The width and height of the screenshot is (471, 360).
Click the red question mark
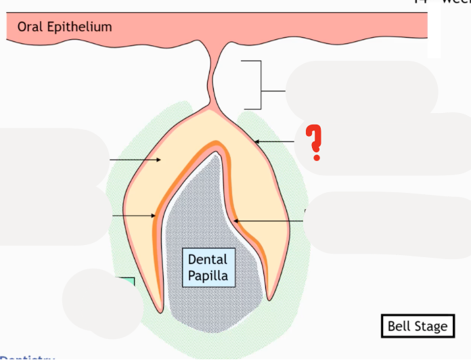[x=313, y=143]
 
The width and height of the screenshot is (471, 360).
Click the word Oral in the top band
[x=30, y=27]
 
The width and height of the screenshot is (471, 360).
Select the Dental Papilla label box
[x=208, y=267]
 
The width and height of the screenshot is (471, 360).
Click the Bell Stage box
[x=418, y=327]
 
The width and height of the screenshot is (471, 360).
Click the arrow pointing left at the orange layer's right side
[x=267, y=221]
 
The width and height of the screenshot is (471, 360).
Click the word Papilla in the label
[x=208, y=275]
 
